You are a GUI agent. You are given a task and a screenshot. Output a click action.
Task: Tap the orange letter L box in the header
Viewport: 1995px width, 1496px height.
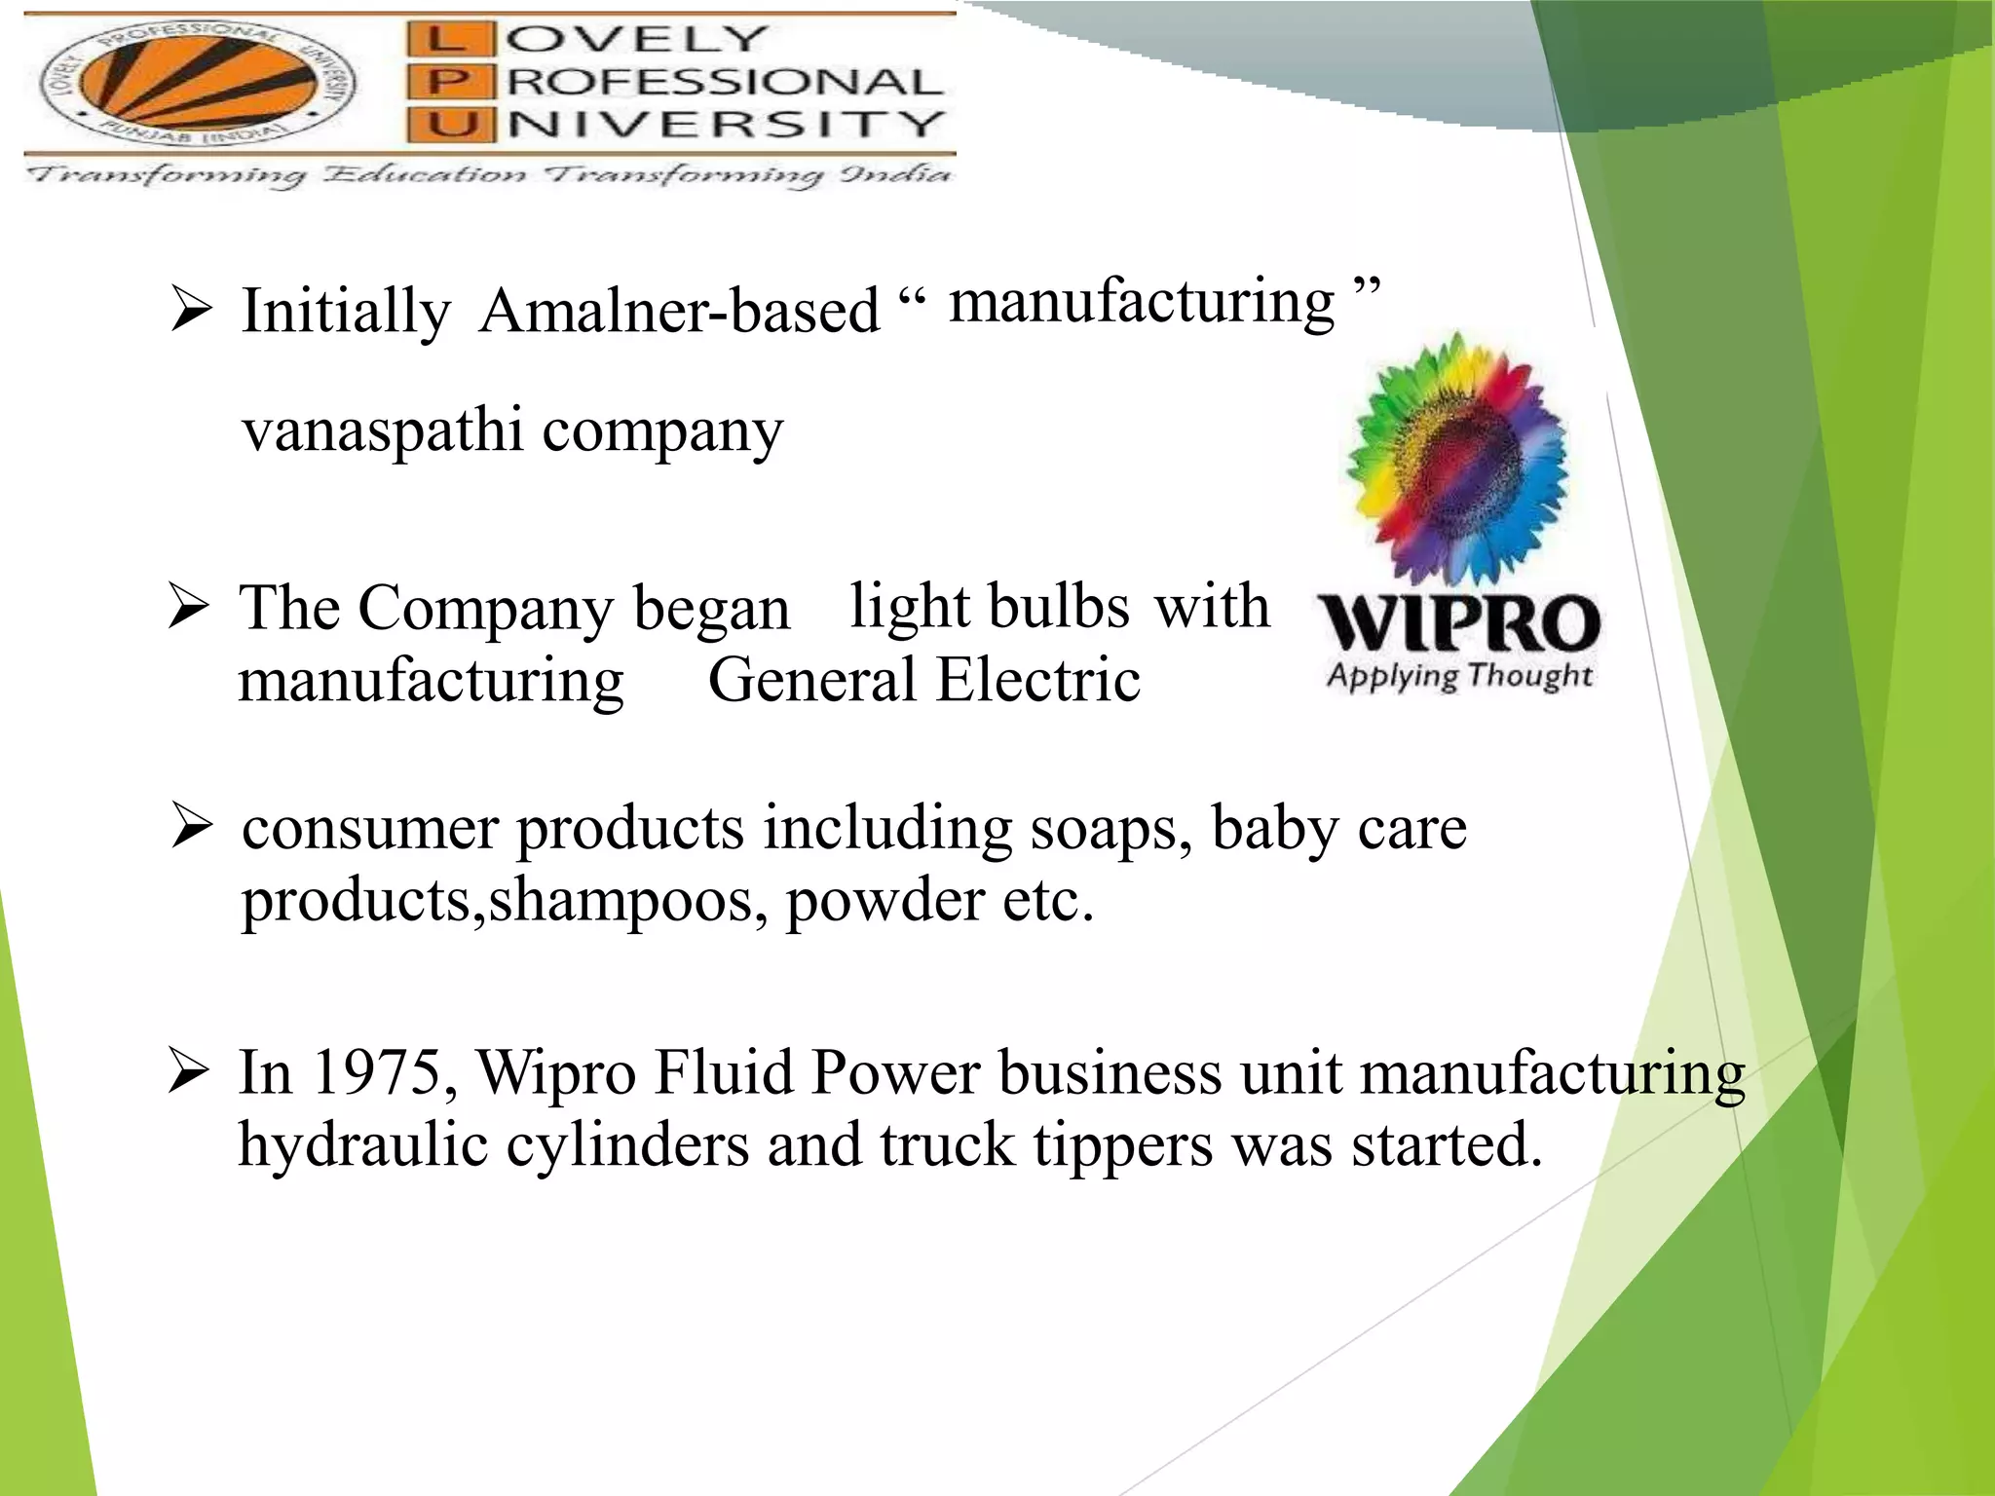pyautogui.click(x=443, y=39)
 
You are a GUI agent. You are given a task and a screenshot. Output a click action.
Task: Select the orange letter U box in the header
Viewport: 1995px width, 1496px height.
pyautogui.click(x=443, y=125)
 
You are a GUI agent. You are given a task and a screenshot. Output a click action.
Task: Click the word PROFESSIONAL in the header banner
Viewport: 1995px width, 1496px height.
pyautogui.click(x=724, y=82)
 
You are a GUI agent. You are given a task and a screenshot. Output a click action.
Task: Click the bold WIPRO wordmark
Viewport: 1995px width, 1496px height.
pyautogui.click(x=1458, y=623)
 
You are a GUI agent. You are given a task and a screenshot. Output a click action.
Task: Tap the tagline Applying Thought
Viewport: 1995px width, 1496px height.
pyautogui.click(x=1458, y=675)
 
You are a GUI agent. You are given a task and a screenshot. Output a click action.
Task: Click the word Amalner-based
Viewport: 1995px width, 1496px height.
pyautogui.click(x=679, y=312)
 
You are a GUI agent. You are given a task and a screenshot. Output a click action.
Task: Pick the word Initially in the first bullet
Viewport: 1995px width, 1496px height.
pyautogui.click(x=346, y=312)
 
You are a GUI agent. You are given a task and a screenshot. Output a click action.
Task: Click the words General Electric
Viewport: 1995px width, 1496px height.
pyautogui.click(x=923, y=680)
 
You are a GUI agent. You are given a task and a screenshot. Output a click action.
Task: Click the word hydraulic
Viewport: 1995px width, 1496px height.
pyautogui.click(x=362, y=1145)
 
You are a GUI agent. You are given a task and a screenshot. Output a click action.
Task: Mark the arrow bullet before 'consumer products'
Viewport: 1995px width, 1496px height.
pyautogui.click(x=191, y=827)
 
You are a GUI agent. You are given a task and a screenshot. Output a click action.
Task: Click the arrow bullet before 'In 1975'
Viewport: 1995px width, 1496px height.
pyautogui.click(x=188, y=1072)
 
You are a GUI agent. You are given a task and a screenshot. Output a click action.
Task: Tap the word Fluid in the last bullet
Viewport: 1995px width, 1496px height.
pyautogui.click(x=724, y=1073)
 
